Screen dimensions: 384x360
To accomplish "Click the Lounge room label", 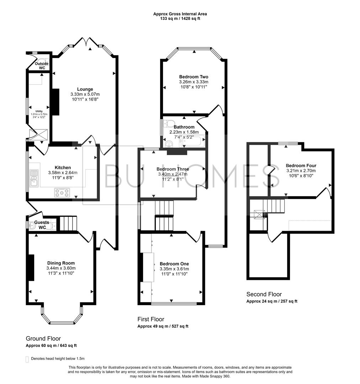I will (x=85, y=89).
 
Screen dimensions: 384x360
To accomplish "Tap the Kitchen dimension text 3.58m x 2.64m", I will (x=63, y=173).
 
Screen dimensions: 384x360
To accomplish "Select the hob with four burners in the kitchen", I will (x=62, y=193).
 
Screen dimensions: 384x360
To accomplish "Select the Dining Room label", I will (x=60, y=263).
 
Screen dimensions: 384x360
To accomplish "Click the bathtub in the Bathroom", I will (x=192, y=142).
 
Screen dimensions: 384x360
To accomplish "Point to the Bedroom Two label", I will (x=194, y=77).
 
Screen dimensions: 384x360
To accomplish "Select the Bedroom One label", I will (x=174, y=264).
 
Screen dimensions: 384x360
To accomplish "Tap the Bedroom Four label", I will (x=301, y=165).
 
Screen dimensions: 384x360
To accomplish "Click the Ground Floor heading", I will (x=43, y=338).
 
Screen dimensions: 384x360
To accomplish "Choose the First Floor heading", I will (x=151, y=319).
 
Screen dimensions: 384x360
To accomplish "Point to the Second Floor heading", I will (x=264, y=294).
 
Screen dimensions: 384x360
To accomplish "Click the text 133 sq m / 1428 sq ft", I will (x=180, y=18).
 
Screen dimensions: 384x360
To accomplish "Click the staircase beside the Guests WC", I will (x=68, y=223).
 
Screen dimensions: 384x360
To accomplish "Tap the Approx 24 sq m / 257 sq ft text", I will (x=272, y=301).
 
